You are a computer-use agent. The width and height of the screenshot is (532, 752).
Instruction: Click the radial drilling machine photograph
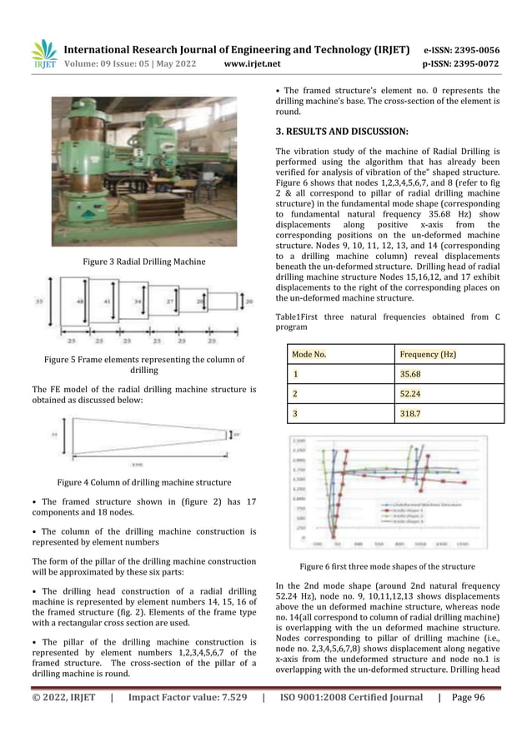point(143,171)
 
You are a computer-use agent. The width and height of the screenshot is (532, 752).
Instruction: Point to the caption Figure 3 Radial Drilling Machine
point(143,262)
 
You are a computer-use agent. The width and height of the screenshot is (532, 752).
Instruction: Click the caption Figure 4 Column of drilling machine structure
point(143,482)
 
